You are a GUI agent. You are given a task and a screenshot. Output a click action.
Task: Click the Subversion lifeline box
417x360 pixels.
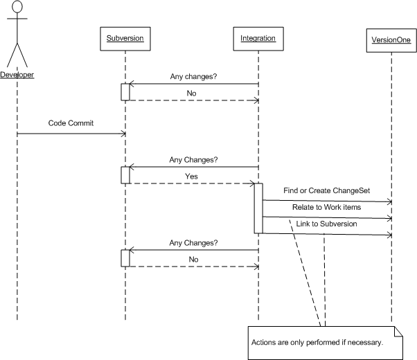click(x=125, y=39)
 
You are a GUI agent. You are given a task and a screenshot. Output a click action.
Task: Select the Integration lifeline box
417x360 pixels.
click(x=258, y=39)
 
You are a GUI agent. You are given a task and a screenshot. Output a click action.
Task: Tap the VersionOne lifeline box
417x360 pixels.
click(x=391, y=40)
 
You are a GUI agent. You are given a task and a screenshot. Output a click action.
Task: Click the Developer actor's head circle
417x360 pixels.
click(x=17, y=6)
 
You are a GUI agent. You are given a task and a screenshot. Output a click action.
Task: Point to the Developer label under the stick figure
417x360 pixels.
click(x=17, y=75)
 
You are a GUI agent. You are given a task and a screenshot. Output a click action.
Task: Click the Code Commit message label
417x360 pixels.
click(x=71, y=123)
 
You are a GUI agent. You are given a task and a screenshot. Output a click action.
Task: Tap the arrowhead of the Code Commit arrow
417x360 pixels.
click(x=123, y=134)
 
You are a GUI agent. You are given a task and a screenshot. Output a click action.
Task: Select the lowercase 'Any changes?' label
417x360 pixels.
click(x=194, y=77)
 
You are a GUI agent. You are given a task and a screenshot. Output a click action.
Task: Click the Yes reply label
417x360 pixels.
click(x=191, y=177)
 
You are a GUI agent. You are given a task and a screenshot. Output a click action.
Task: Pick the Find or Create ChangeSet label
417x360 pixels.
click(x=326, y=190)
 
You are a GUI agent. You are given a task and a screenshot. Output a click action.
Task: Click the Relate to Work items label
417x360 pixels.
click(x=326, y=207)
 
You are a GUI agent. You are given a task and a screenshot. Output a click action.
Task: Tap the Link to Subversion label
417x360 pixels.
click(x=326, y=224)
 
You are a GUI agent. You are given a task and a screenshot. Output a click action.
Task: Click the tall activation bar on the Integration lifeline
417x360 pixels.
click(x=258, y=208)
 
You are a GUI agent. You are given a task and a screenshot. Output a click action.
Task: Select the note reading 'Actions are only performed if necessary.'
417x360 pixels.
click(x=326, y=343)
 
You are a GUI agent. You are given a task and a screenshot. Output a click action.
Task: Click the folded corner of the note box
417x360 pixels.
click(x=398, y=331)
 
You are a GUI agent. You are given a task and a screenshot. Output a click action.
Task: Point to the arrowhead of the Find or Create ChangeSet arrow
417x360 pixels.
click(x=390, y=201)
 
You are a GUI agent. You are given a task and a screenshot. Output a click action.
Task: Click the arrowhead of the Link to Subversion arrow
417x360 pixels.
click(x=390, y=235)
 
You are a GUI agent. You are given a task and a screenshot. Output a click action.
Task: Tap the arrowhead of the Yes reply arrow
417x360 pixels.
click(x=252, y=183)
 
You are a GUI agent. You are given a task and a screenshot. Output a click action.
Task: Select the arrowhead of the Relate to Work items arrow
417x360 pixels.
click(x=390, y=219)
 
